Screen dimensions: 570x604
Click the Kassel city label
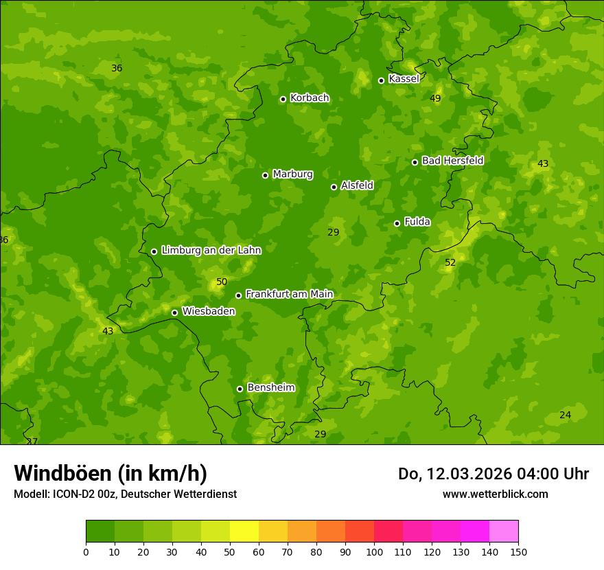click(x=404, y=79)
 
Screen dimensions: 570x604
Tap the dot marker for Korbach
click(x=283, y=99)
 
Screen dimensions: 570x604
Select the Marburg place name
click(x=292, y=174)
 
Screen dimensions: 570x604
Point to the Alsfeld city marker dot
click(x=334, y=187)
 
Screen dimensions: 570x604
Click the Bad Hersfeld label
click(x=452, y=161)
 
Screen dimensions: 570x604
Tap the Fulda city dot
click(x=397, y=223)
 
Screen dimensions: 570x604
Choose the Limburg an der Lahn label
click(x=211, y=251)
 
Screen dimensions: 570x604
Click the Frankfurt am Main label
click(x=289, y=295)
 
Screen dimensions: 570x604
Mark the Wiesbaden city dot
click(x=174, y=312)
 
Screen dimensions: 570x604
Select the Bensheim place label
click(x=270, y=388)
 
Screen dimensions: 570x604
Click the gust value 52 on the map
click(x=450, y=263)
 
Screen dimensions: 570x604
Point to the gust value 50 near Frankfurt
click(x=221, y=282)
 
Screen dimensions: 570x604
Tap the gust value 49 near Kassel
click(x=435, y=99)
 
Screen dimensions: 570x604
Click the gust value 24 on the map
click(x=565, y=415)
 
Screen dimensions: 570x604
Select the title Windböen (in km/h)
click(x=111, y=473)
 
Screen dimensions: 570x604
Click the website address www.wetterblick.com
click(x=495, y=494)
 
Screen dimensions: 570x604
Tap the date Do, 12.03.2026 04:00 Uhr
click(x=493, y=474)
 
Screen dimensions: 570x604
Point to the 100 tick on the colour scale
click(x=374, y=552)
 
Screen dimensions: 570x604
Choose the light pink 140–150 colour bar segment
click(x=504, y=532)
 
